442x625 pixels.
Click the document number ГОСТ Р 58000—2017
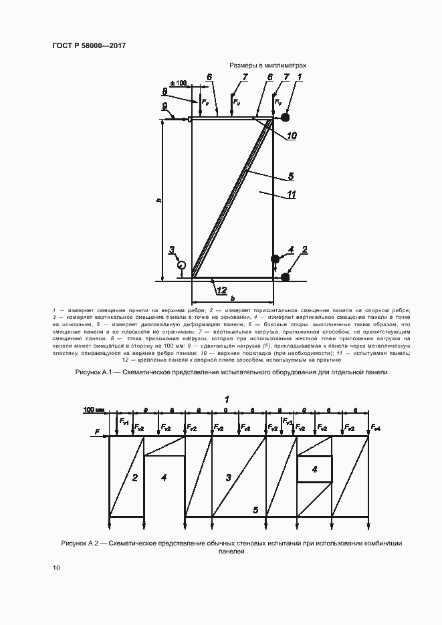click(x=88, y=45)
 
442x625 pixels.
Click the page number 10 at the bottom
click(x=56, y=568)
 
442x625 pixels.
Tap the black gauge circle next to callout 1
click(x=286, y=118)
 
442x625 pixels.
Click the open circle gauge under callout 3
click(x=181, y=265)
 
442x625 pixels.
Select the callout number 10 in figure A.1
click(x=292, y=136)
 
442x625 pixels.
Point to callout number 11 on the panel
click(x=292, y=195)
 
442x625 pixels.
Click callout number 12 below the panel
click(x=221, y=290)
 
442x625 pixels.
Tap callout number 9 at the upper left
click(x=164, y=106)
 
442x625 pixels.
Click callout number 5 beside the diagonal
click(x=291, y=176)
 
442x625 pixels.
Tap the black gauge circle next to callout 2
click(x=286, y=277)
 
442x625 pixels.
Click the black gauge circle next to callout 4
click(x=275, y=259)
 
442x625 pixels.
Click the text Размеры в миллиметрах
click(x=267, y=66)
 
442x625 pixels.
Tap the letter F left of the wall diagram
click(x=98, y=433)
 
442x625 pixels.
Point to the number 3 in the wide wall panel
click(x=228, y=477)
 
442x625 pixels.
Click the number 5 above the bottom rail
click(x=255, y=509)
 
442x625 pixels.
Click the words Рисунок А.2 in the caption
click(x=80, y=543)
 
